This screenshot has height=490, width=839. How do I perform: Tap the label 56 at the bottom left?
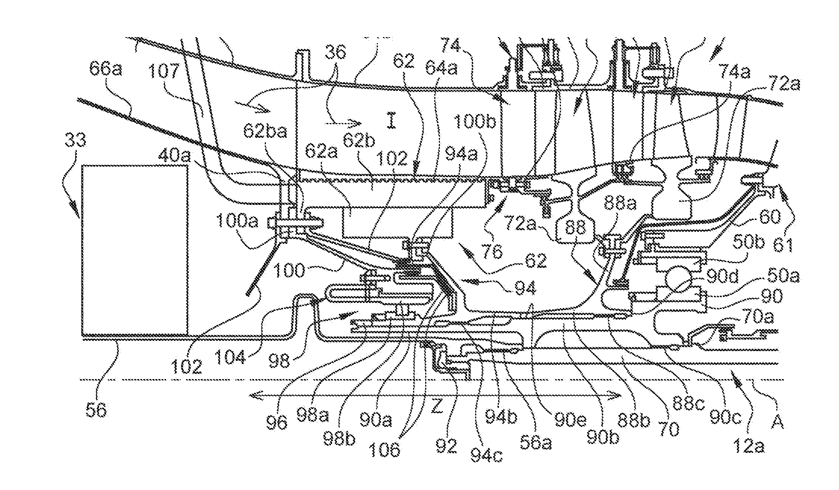pos(97,410)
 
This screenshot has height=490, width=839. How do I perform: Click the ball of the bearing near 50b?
pos(678,279)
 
